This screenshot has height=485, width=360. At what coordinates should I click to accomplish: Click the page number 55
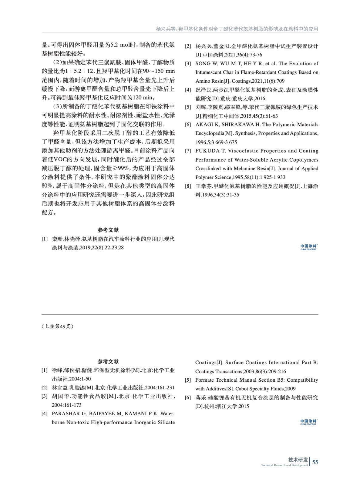pyautogui.click(x=315, y=462)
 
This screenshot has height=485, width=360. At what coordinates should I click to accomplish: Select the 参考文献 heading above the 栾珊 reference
pyautogui.click(x=108, y=230)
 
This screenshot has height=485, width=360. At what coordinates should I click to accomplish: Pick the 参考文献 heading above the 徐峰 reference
pyautogui.click(x=108, y=362)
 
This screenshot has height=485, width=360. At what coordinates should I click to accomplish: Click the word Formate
pyautogui.click(x=204, y=380)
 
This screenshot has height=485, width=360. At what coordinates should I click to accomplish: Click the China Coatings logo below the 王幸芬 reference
pyautogui.click(x=308, y=247)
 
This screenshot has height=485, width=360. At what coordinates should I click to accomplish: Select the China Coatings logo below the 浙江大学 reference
pyautogui.click(x=308, y=422)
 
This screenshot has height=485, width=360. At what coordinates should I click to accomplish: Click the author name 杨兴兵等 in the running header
pyautogui.click(x=166, y=29)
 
